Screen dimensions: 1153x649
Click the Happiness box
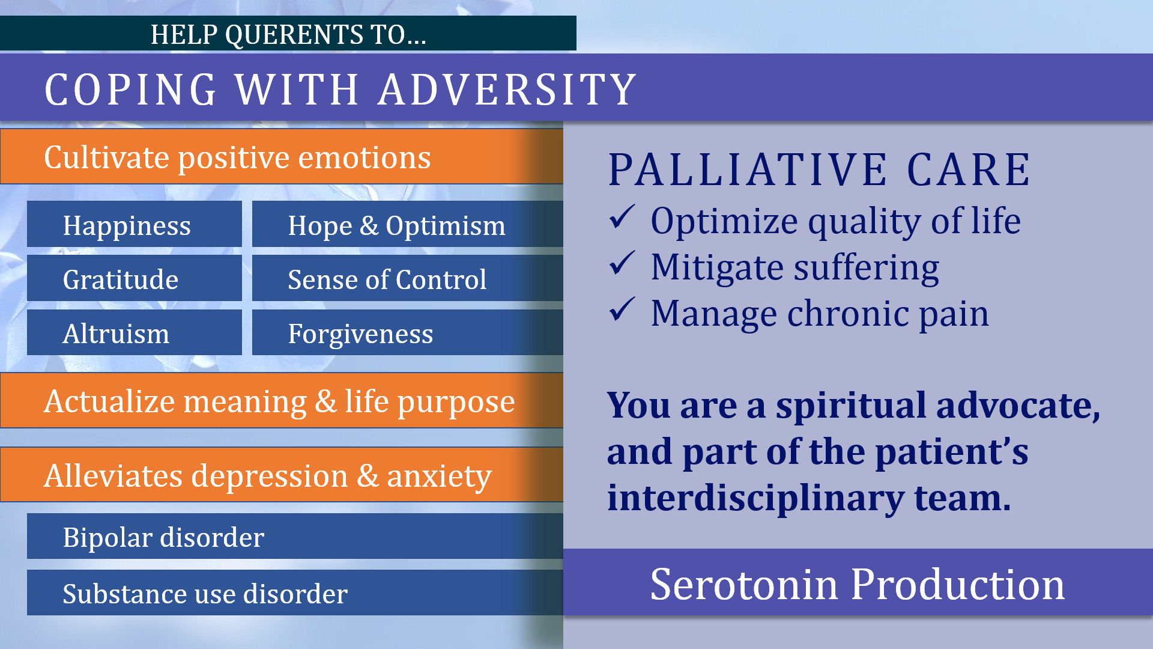tap(135, 224)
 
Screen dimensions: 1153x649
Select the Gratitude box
tap(135, 278)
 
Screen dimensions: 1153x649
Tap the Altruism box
tap(135, 332)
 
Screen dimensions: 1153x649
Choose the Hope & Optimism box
tap(408, 224)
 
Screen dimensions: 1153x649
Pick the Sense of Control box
tap(408, 278)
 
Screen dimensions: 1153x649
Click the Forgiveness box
tap(408, 332)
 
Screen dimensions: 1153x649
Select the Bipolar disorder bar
tap(295, 536)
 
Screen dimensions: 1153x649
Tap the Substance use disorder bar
tap(295, 593)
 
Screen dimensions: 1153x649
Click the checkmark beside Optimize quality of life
tap(622, 217)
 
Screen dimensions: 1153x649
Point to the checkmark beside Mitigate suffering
tap(622, 263)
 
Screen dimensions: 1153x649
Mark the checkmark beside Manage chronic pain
tap(622, 309)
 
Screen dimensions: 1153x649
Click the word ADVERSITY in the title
tap(507, 90)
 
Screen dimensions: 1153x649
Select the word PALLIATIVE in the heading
tap(748, 169)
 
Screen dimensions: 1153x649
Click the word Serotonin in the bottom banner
tap(744, 585)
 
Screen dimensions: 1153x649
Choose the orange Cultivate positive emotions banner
tap(282, 156)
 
